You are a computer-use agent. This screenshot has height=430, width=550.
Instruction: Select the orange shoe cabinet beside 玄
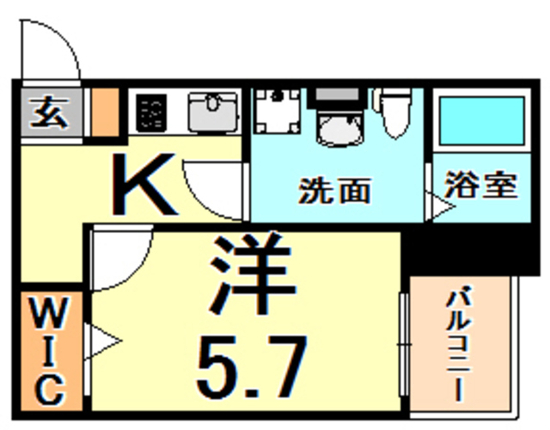[x=105, y=112]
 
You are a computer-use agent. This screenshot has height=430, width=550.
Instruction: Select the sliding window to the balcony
[x=404, y=344]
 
